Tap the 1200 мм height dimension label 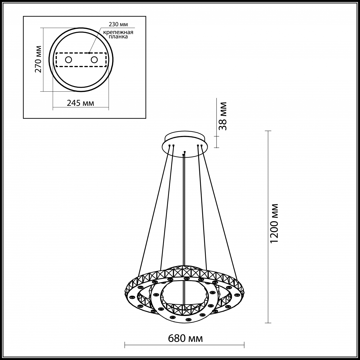coord(274,223)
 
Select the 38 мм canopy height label coord(223,116)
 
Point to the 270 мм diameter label coord(38,59)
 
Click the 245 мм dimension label coord(80,103)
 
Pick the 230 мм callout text coord(119,24)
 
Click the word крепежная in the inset coord(118,32)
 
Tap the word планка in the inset coord(118,37)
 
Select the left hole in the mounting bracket coord(68,60)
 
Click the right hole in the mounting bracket coord(94,60)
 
